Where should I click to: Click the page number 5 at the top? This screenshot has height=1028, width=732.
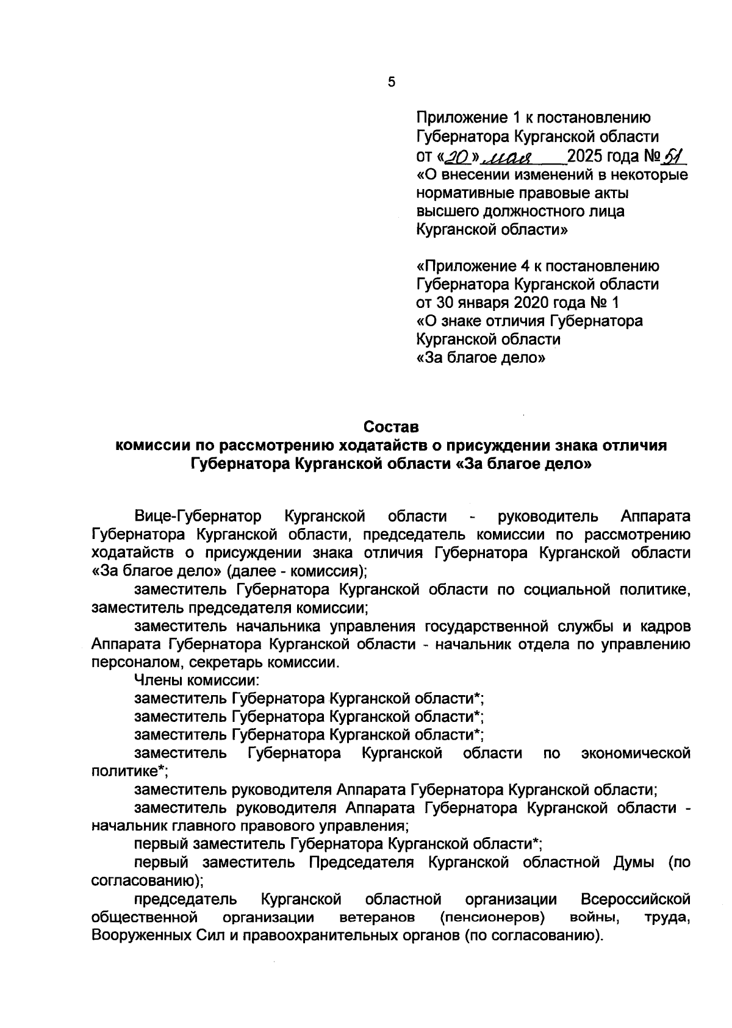tap(391, 82)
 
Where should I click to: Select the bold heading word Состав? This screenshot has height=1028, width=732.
tap(392, 426)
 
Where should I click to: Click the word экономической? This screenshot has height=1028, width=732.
tap(636, 753)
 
